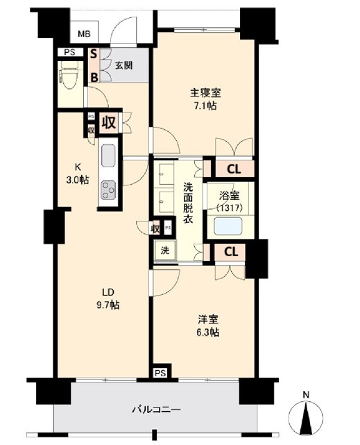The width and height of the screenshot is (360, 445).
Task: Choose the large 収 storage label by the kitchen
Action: point(109,122)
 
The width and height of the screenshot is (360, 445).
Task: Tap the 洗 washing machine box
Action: point(165,251)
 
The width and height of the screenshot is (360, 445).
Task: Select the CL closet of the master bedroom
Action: point(233,169)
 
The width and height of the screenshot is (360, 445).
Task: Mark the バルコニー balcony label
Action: point(156,410)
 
